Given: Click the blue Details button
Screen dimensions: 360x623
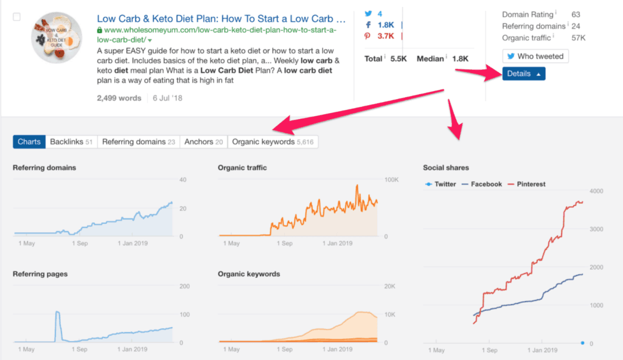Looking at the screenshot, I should coord(523,74).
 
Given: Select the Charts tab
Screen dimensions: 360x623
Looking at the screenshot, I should coord(29,142).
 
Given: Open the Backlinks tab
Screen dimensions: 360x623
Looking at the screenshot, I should coord(71,142).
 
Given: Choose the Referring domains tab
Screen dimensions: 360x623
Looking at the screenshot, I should coord(138,142).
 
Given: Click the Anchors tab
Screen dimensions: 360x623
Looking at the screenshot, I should coord(204,142).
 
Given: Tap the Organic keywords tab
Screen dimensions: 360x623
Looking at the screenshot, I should coord(273,142).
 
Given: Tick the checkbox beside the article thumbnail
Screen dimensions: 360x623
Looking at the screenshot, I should coord(17,17).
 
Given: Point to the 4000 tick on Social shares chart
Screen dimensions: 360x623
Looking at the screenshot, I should coord(597,192).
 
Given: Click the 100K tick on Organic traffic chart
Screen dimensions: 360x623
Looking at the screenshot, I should coord(391,180).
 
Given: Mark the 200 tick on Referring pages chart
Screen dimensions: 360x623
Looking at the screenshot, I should coord(184,286).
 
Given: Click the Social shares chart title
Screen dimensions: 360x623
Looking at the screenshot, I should coord(446,168).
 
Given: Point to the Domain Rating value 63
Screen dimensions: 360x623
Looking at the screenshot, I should coord(576,14).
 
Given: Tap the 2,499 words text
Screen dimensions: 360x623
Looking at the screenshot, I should coord(119,98).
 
